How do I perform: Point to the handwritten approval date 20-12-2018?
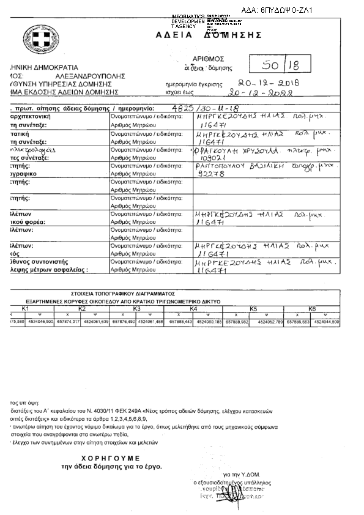[x=267, y=83]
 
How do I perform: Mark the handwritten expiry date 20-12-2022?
[x=259, y=94]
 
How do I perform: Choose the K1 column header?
[x=26, y=309]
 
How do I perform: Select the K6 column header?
[x=311, y=309]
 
